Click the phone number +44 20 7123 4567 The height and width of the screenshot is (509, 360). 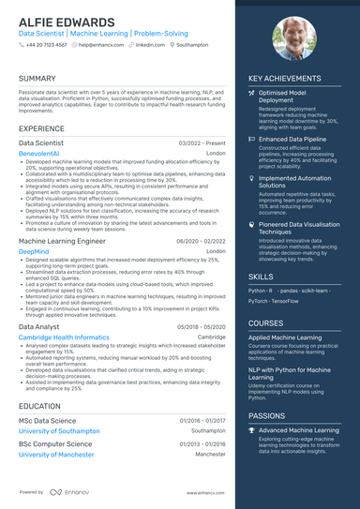tap(46, 44)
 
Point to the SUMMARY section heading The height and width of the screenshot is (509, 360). tap(37, 79)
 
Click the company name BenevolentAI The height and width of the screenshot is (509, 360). tap(44, 152)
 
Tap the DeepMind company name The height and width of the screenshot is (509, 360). tap(34, 252)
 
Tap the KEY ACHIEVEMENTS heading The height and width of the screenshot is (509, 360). tap(285, 79)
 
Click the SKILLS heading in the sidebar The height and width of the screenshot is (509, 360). tap(261, 277)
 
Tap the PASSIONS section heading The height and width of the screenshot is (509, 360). tap(267, 414)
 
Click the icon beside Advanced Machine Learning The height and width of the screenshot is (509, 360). tap(251, 429)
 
